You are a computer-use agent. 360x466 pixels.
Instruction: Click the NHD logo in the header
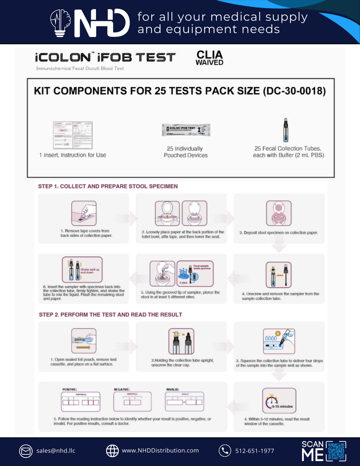(90, 23)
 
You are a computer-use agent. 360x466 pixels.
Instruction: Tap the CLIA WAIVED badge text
(209, 58)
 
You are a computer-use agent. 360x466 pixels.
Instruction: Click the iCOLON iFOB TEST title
(105, 58)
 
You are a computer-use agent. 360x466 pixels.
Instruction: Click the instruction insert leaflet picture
(73, 135)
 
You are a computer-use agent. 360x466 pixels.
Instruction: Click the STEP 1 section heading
(108, 186)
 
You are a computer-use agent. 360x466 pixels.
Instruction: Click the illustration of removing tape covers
(83, 213)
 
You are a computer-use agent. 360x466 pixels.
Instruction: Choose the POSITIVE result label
(70, 389)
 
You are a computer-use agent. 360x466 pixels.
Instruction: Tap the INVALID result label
(173, 389)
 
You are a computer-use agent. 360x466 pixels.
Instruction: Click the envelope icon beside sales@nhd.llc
(26, 451)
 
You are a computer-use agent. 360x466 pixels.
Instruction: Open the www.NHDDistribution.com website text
(160, 450)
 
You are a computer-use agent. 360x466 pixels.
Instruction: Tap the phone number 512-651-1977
(254, 451)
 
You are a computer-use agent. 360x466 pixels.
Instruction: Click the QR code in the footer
(336, 451)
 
